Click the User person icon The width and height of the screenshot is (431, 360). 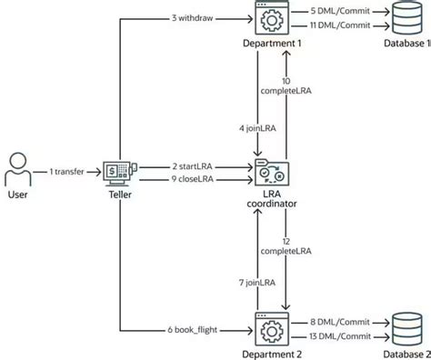18,170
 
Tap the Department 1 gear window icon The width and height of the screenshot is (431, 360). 271,20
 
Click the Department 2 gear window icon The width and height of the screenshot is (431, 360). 271,325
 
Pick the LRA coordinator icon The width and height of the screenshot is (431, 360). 271,173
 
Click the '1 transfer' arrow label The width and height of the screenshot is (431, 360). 68,171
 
